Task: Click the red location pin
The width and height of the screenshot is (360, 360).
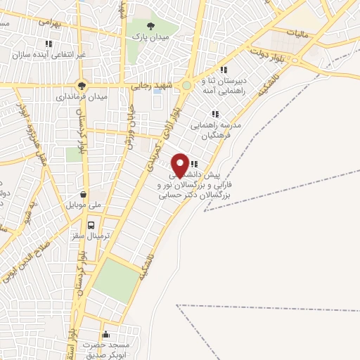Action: [180, 165]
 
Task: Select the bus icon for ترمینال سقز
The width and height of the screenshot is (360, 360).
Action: [91, 225]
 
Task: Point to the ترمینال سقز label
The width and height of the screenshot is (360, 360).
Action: [87, 237]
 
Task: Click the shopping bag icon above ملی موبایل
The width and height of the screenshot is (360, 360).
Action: [84, 194]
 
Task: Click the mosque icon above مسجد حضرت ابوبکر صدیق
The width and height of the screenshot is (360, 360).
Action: [105, 335]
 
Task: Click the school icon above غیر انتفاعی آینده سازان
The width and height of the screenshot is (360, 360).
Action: [49, 44]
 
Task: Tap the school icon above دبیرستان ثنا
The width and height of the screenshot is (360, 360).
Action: [224, 70]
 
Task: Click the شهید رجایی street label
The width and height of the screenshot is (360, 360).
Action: [148, 86]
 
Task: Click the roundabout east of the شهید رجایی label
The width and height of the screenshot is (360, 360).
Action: [186, 86]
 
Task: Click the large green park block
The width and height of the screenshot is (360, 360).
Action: [115, 278]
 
